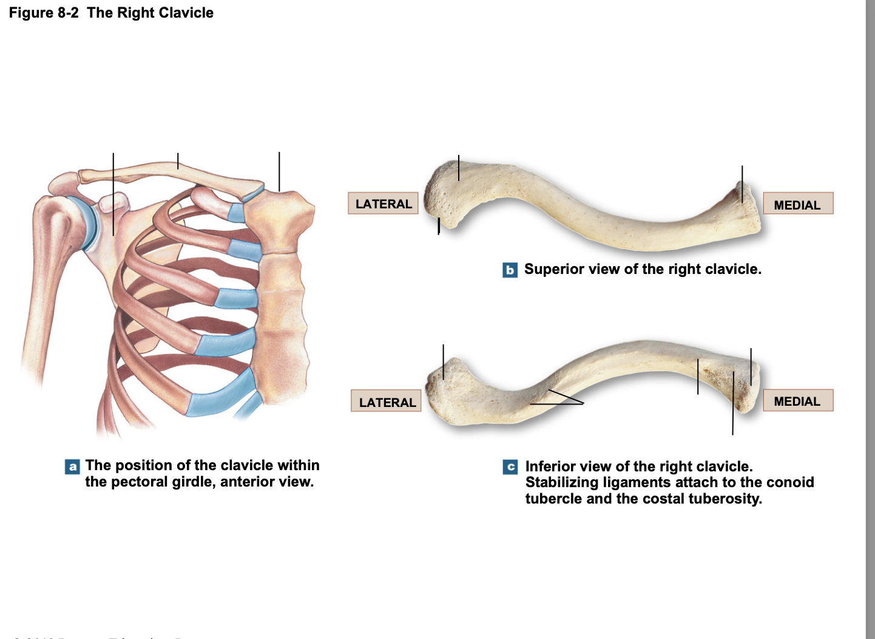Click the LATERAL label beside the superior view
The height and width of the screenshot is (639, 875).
383,203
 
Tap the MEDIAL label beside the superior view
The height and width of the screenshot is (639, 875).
797,204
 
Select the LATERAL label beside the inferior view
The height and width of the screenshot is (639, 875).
387,402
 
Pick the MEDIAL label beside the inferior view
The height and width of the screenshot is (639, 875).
797,401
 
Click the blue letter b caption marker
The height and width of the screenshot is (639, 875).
510,270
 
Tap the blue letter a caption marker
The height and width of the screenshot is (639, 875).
72,466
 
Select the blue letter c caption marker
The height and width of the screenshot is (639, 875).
510,466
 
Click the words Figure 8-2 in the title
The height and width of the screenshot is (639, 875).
44,13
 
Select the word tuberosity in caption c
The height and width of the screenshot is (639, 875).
726,499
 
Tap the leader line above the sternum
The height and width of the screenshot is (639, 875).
279,171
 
